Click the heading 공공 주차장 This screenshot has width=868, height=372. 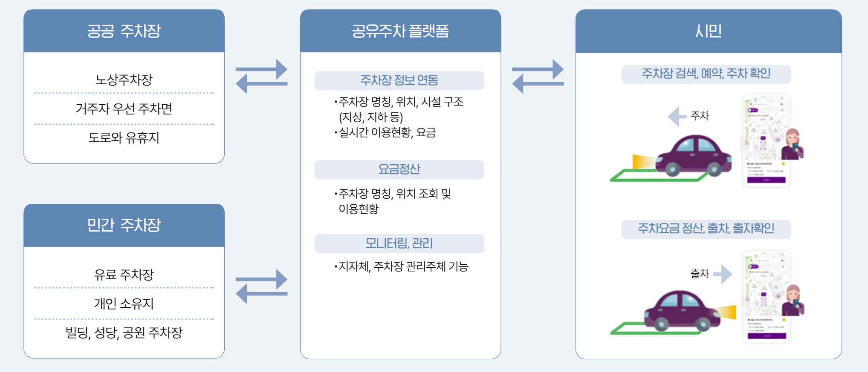(x=124, y=31)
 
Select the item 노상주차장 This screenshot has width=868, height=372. (x=124, y=80)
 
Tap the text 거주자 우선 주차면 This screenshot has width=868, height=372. (x=124, y=109)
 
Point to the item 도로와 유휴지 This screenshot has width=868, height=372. (x=124, y=137)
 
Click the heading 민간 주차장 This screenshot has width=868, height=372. (x=124, y=225)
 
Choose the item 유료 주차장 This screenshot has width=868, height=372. (x=124, y=275)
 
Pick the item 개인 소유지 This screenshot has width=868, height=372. (x=124, y=303)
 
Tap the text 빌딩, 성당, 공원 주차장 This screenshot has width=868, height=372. (x=124, y=332)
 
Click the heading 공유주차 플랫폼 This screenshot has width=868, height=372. (x=400, y=31)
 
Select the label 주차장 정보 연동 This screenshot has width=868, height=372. (x=399, y=80)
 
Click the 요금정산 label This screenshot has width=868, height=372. (x=399, y=169)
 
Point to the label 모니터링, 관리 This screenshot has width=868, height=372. (x=399, y=243)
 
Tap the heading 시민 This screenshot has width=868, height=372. (x=708, y=31)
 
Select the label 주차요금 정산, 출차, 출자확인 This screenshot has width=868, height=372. (x=706, y=229)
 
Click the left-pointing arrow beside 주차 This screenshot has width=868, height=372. (x=677, y=116)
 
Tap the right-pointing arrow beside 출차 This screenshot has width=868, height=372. (x=723, y=274)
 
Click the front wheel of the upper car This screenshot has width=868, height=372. (x=673, y=170)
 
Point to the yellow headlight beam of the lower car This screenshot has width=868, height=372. (x=726, y=312)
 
